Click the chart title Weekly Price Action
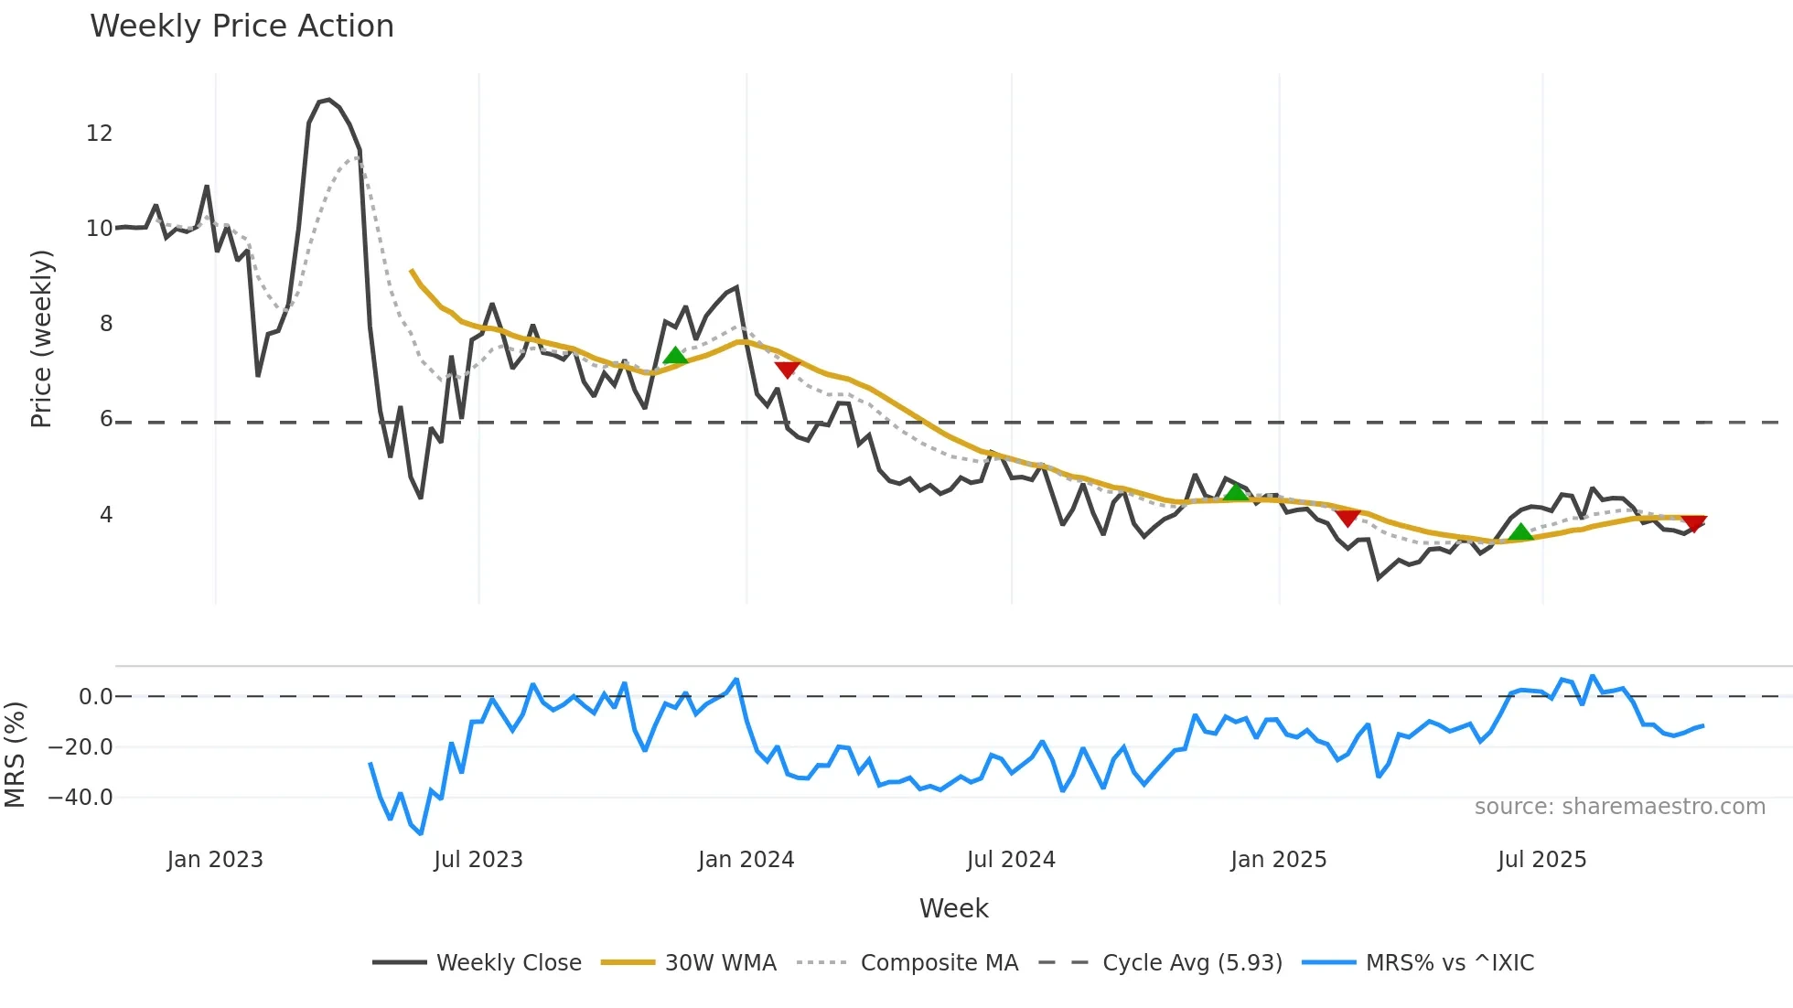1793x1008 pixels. [x=242, y=27]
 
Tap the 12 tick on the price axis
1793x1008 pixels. [x=99, y=134]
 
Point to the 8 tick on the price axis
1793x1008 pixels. [x=105, y=324]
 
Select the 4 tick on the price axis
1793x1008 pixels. [x=105, y=515]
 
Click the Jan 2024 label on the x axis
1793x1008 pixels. [x=746, y=860]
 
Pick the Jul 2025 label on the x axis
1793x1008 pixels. [x=1541, y=860]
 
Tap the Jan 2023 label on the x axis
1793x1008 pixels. [x=215, y=860]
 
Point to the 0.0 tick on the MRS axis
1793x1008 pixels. [x=95, y=697]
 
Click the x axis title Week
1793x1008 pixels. [x=953, y=908]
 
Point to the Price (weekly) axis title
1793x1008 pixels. [x=41, y=338]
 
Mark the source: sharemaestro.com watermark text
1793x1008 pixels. [x=1619, y=807]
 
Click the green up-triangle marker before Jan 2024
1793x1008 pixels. [x=675, y=356]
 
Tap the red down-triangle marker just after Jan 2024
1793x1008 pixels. [x=787, y=369]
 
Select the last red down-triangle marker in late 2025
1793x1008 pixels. [x=1693, y=523]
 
